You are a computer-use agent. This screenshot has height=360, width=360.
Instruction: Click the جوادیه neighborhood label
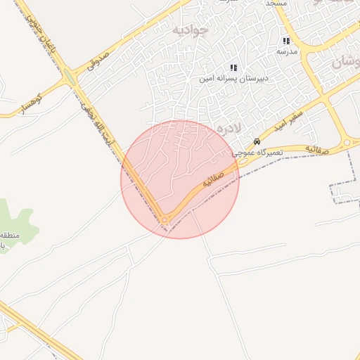[191, 31]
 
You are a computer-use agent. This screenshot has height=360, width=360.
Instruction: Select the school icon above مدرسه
[285, 41]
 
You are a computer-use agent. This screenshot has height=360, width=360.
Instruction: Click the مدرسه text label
[287, 51]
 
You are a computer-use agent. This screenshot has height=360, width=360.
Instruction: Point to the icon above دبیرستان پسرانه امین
[233, 68]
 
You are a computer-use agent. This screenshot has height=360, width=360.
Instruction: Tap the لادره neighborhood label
[229, 128]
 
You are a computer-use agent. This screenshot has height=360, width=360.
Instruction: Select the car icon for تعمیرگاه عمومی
[257, 141]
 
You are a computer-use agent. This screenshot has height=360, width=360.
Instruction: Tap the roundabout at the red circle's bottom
[165, 220]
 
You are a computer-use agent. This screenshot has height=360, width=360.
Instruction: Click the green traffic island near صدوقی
[68, 76]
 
